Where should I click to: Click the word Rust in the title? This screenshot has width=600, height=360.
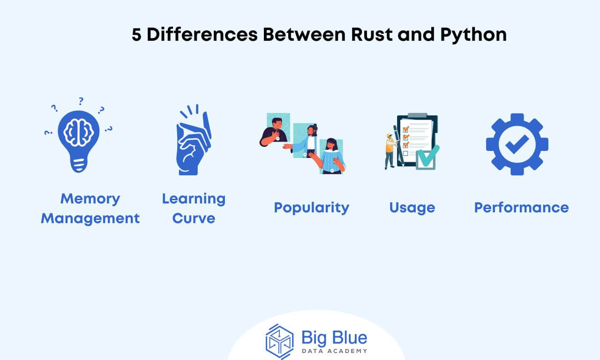point(372,35)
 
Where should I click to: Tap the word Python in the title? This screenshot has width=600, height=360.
point(473,35)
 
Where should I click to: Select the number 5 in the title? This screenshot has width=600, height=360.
point(136,35)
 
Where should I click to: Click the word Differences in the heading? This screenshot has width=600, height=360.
point(202,35)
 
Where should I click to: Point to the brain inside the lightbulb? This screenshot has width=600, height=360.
point(78,132)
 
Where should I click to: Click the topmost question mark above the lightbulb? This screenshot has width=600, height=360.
point(81,101)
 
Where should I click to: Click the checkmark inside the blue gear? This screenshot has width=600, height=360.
point(517,144)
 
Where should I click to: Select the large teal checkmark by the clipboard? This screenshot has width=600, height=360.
point(428,156)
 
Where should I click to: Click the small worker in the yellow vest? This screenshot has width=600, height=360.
point(390,151)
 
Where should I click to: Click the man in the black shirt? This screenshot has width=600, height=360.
point(274,132)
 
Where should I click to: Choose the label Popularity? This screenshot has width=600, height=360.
point(312,208)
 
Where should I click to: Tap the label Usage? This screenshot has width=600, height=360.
point(412,208)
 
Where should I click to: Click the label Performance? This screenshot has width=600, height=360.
point(522,208)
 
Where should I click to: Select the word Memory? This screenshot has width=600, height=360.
point(90,199)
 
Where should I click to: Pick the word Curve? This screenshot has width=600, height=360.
point(194,218)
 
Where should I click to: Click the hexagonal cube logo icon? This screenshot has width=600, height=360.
point(279,341)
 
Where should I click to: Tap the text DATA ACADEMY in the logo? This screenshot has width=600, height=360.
point(335,351)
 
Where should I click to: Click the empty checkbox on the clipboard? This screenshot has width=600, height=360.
point(405,153)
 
